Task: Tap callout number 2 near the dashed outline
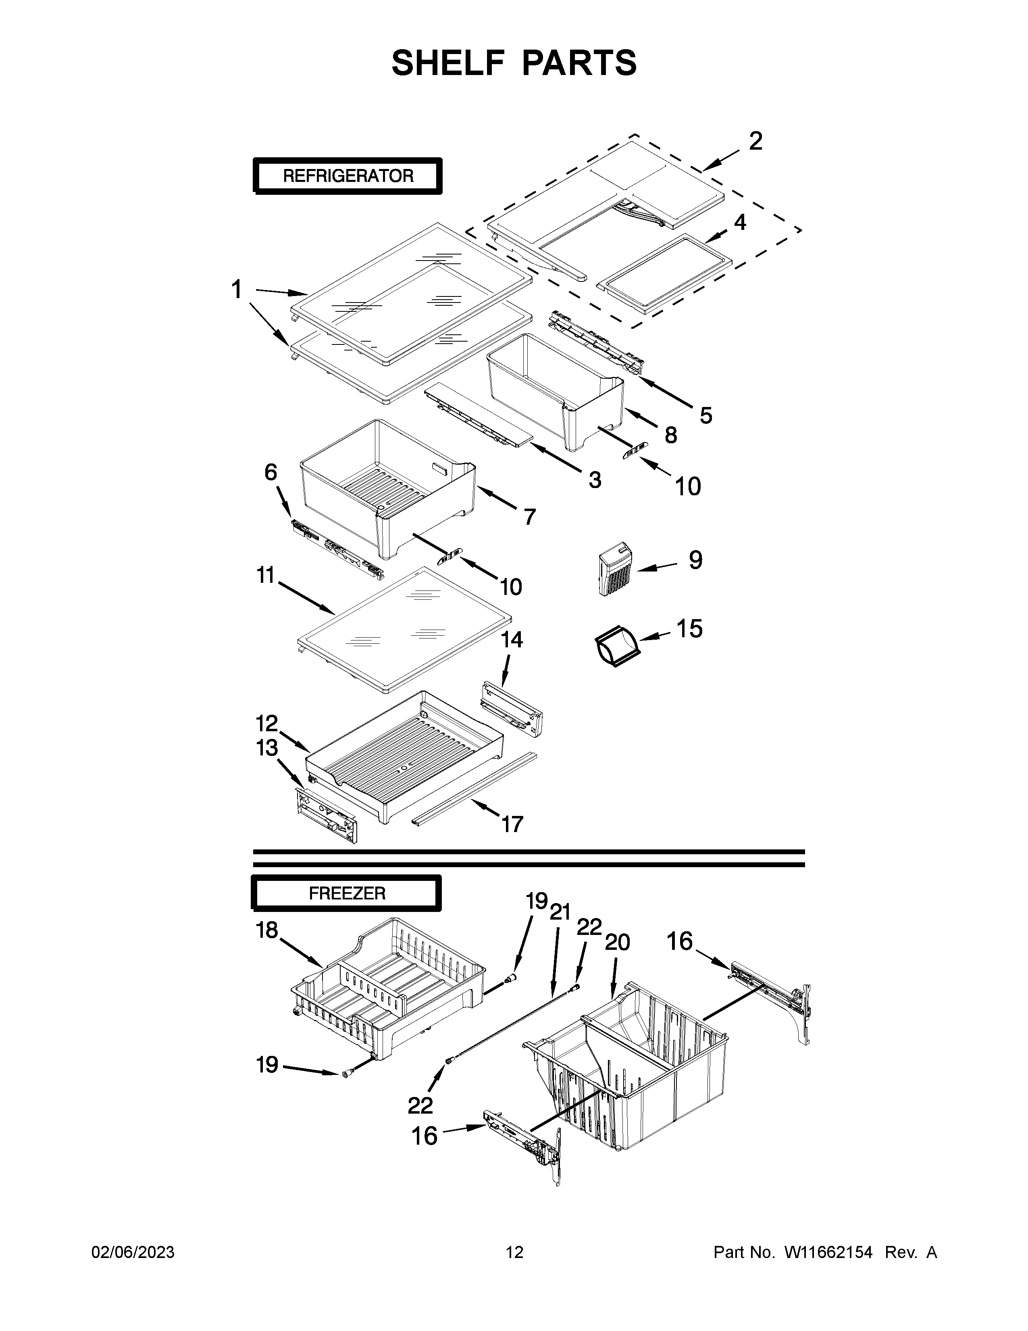755,142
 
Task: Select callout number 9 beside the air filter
695,559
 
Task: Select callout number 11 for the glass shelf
266,575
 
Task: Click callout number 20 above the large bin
617,943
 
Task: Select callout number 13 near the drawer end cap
267,748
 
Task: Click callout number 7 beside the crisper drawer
530,517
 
